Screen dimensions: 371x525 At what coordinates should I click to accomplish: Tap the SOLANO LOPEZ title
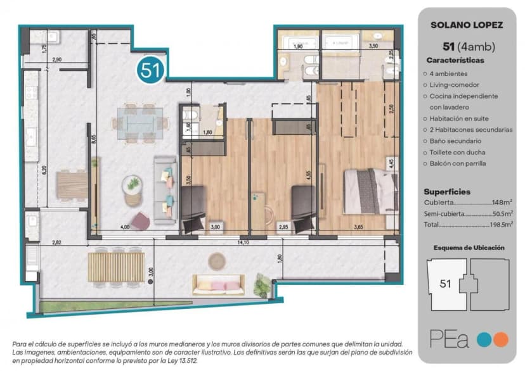tap(467, 25)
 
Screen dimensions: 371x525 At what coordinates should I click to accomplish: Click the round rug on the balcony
tap(217, 261)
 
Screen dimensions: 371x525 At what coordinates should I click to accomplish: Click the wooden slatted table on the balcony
tap(116, 267)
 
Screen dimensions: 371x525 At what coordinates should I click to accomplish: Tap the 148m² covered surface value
tap(502, 203)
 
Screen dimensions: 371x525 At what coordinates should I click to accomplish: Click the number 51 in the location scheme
tap(446, 284)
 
